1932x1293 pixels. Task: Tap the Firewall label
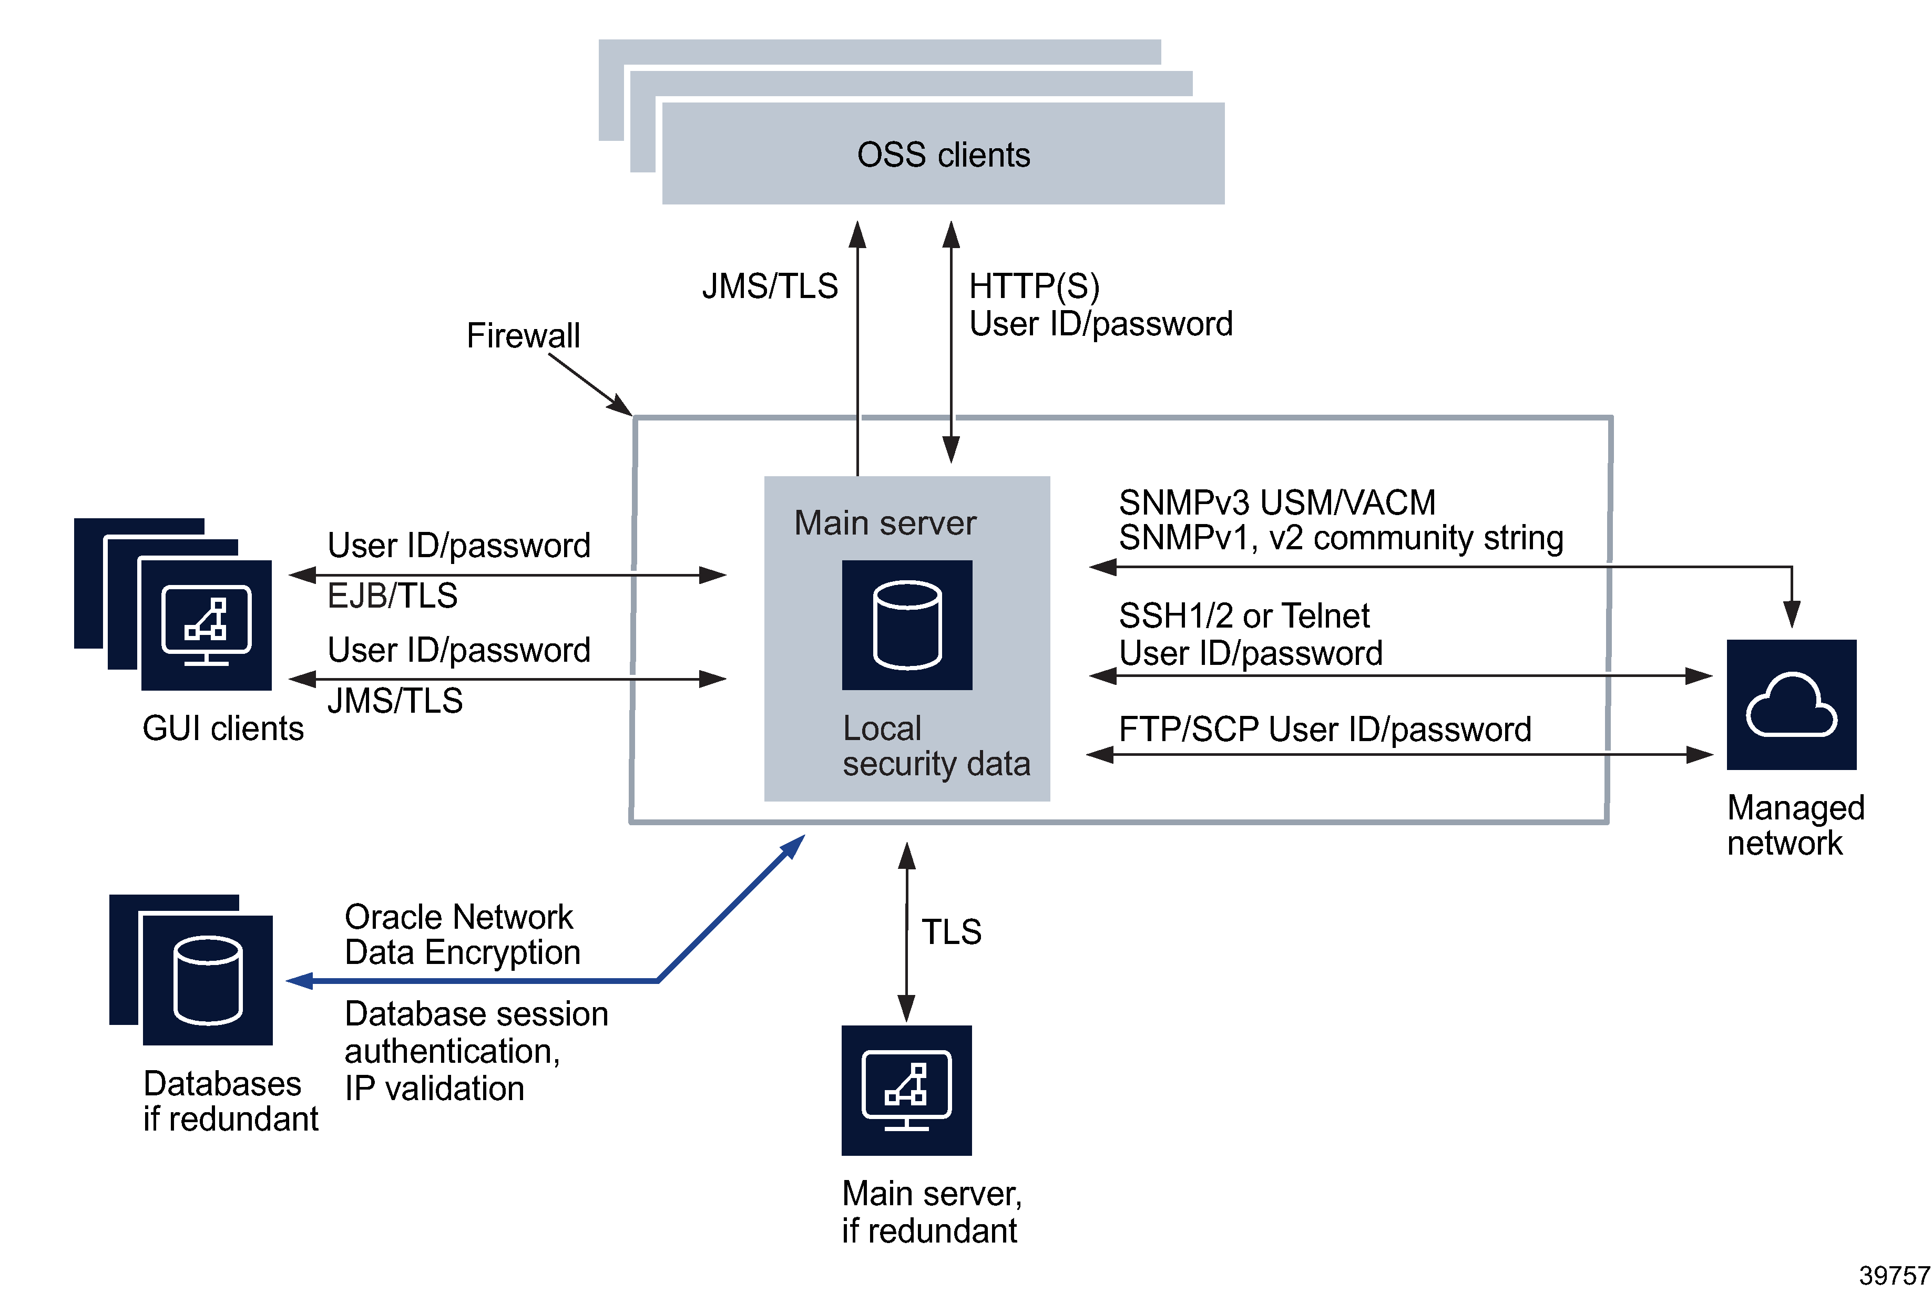[x=523, y=336]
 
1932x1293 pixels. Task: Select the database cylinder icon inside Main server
[x=906, y=625]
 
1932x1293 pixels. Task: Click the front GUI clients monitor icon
[x=206, y=625]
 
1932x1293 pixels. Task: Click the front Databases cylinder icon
[x=208, y=980]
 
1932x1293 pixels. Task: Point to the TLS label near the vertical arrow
[x=950, y=932]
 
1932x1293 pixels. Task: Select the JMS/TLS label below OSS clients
[x=769, y=286]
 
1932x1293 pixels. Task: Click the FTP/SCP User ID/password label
[x=1324, y=729]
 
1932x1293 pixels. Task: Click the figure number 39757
[x=1893, y=1275]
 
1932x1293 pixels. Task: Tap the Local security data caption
[x=935, y=745]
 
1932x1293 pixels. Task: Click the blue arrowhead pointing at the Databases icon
[x=299, y=980]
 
